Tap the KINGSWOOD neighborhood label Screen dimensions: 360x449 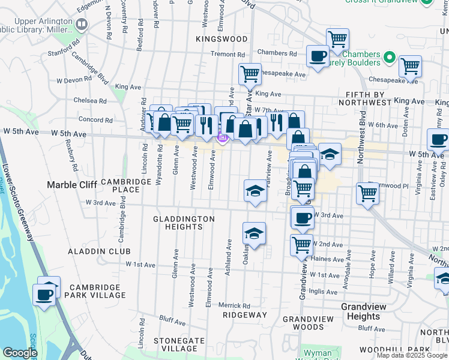[221, 39]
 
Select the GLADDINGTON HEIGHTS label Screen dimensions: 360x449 [184, 223]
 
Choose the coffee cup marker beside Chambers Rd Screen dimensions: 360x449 [318, 56]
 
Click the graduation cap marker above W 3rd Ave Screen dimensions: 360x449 [255, 191]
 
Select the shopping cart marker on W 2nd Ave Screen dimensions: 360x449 [301, 244]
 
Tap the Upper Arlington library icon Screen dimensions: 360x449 [82, 25]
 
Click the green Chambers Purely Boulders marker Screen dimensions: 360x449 [390, 58]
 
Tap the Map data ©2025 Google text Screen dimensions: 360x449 [412, 355]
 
